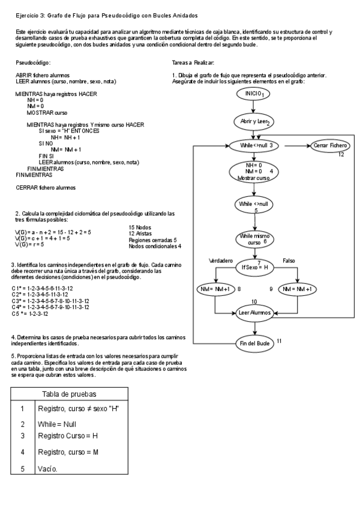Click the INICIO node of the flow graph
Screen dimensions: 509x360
(x=254, y=94)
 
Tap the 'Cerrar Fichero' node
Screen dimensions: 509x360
(x=329, y=145)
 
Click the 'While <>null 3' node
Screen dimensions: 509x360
(x=256, y=145)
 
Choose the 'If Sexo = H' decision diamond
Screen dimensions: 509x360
(x=254, y=266)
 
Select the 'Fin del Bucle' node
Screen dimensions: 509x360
(x=254, y=343)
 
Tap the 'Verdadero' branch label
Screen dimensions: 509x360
(x=220, y=261)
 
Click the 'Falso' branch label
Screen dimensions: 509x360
(x=289, y=261)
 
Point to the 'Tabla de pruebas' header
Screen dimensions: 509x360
(x=71, y=394)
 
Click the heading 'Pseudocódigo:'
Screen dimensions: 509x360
(x=33, y=62)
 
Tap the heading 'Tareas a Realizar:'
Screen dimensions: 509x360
(x=193, y=62)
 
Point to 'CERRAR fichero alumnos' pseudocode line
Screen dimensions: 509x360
(x=46, y=187)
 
